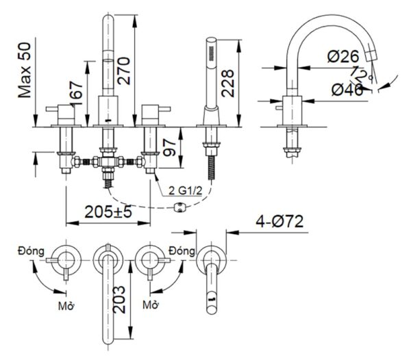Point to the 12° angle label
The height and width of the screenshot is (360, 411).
click(x=364, y=73)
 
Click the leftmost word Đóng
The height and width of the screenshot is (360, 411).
click(x=32, y=251)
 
